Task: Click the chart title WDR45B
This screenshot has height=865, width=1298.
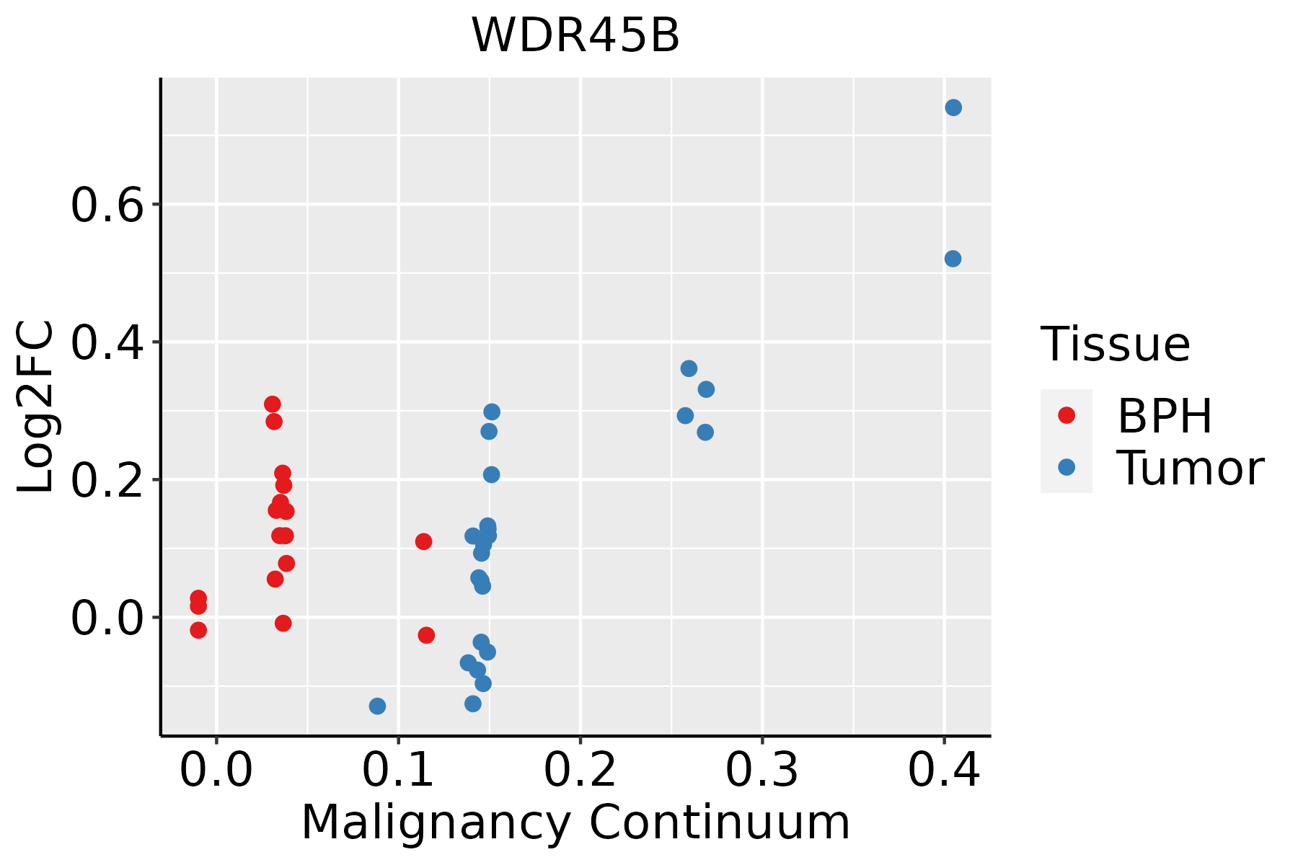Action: point(575,35)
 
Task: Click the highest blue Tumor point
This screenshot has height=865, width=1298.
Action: point(953,107)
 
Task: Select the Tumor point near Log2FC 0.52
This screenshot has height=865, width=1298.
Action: point(953,259)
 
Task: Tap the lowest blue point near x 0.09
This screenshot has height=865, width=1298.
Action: point(377,706)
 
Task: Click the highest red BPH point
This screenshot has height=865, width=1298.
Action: point(272,404)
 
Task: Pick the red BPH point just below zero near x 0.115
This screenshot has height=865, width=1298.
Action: point(426,635)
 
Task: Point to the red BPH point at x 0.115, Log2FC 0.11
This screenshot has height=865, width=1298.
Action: point(423,541)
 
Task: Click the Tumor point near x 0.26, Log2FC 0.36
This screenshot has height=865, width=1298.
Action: point(689,368)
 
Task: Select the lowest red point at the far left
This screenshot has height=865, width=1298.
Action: point(198,630)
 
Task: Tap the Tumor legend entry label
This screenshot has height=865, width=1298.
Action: point(1190,468)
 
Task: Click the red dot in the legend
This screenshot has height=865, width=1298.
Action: point(1066,415)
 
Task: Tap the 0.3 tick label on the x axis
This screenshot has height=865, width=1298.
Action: point(761,770)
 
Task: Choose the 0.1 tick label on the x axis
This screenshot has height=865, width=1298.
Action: point(398,770)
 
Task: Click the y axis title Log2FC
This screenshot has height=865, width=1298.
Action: point(36,407)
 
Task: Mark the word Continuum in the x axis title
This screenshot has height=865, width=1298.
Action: point(720,822)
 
